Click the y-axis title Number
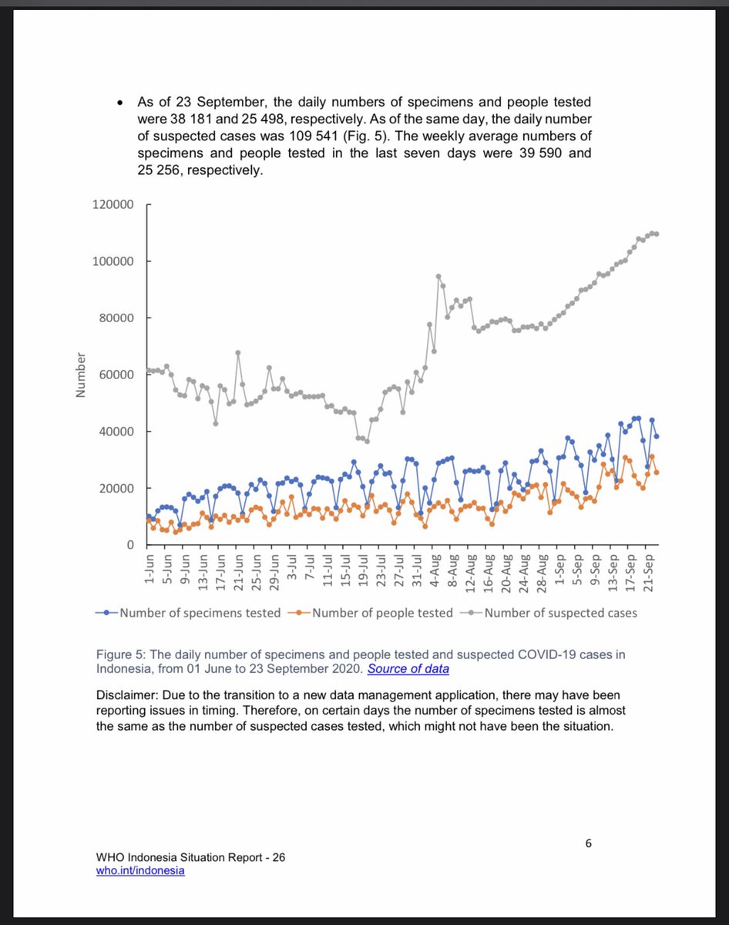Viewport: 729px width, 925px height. (79, 375)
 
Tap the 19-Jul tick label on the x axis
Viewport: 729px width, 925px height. (364, 570)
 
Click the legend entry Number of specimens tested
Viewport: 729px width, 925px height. (199, 613)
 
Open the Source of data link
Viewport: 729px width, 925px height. (408, 668)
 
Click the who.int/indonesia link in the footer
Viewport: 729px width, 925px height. (140, 870)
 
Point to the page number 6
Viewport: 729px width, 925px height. (588, 843)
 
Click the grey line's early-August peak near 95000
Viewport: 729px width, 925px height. (438, 276)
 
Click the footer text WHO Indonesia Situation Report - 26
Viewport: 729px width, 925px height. (191, 857)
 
